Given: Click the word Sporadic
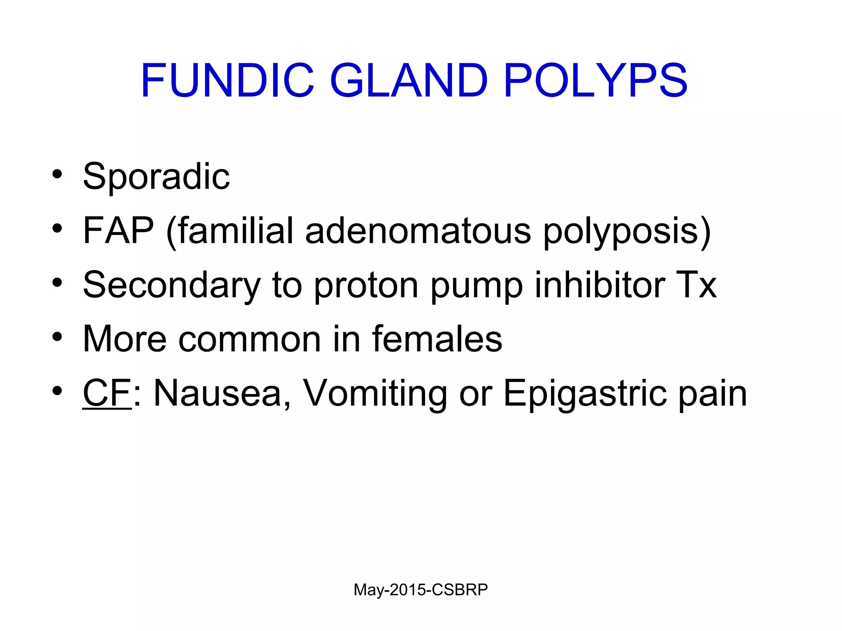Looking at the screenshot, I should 156,177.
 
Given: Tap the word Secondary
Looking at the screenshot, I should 172,285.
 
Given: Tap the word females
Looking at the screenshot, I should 437,339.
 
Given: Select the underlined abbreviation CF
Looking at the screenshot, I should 107,393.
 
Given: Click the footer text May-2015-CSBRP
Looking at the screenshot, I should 421,590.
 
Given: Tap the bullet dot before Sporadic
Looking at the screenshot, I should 57,174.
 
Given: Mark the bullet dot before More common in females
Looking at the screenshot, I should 57,337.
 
